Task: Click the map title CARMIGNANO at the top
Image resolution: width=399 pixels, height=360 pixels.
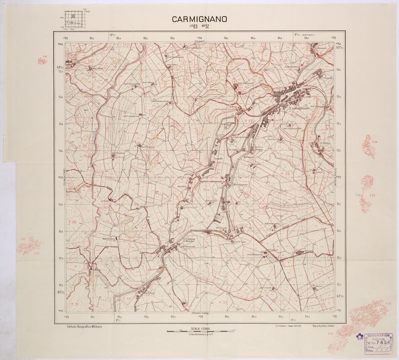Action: click(x=199, y=19)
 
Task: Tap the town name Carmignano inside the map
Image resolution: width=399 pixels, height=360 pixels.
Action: click(x=300, y=109)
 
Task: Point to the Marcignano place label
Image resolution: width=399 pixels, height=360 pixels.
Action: click(x=229, y=184)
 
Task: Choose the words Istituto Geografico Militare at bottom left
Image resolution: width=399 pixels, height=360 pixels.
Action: click(x=84, y=327)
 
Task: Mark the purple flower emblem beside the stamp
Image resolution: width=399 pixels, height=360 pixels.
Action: click(x=359, y=336)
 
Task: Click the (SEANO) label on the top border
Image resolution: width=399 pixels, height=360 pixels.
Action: click(x=199, y=41)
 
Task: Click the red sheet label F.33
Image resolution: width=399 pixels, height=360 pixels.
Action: click(x=223, y=302)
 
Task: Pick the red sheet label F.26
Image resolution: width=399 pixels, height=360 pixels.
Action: click(x=72, y=222)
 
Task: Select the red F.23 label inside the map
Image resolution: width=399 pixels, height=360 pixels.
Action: click(x=285, y=174)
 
